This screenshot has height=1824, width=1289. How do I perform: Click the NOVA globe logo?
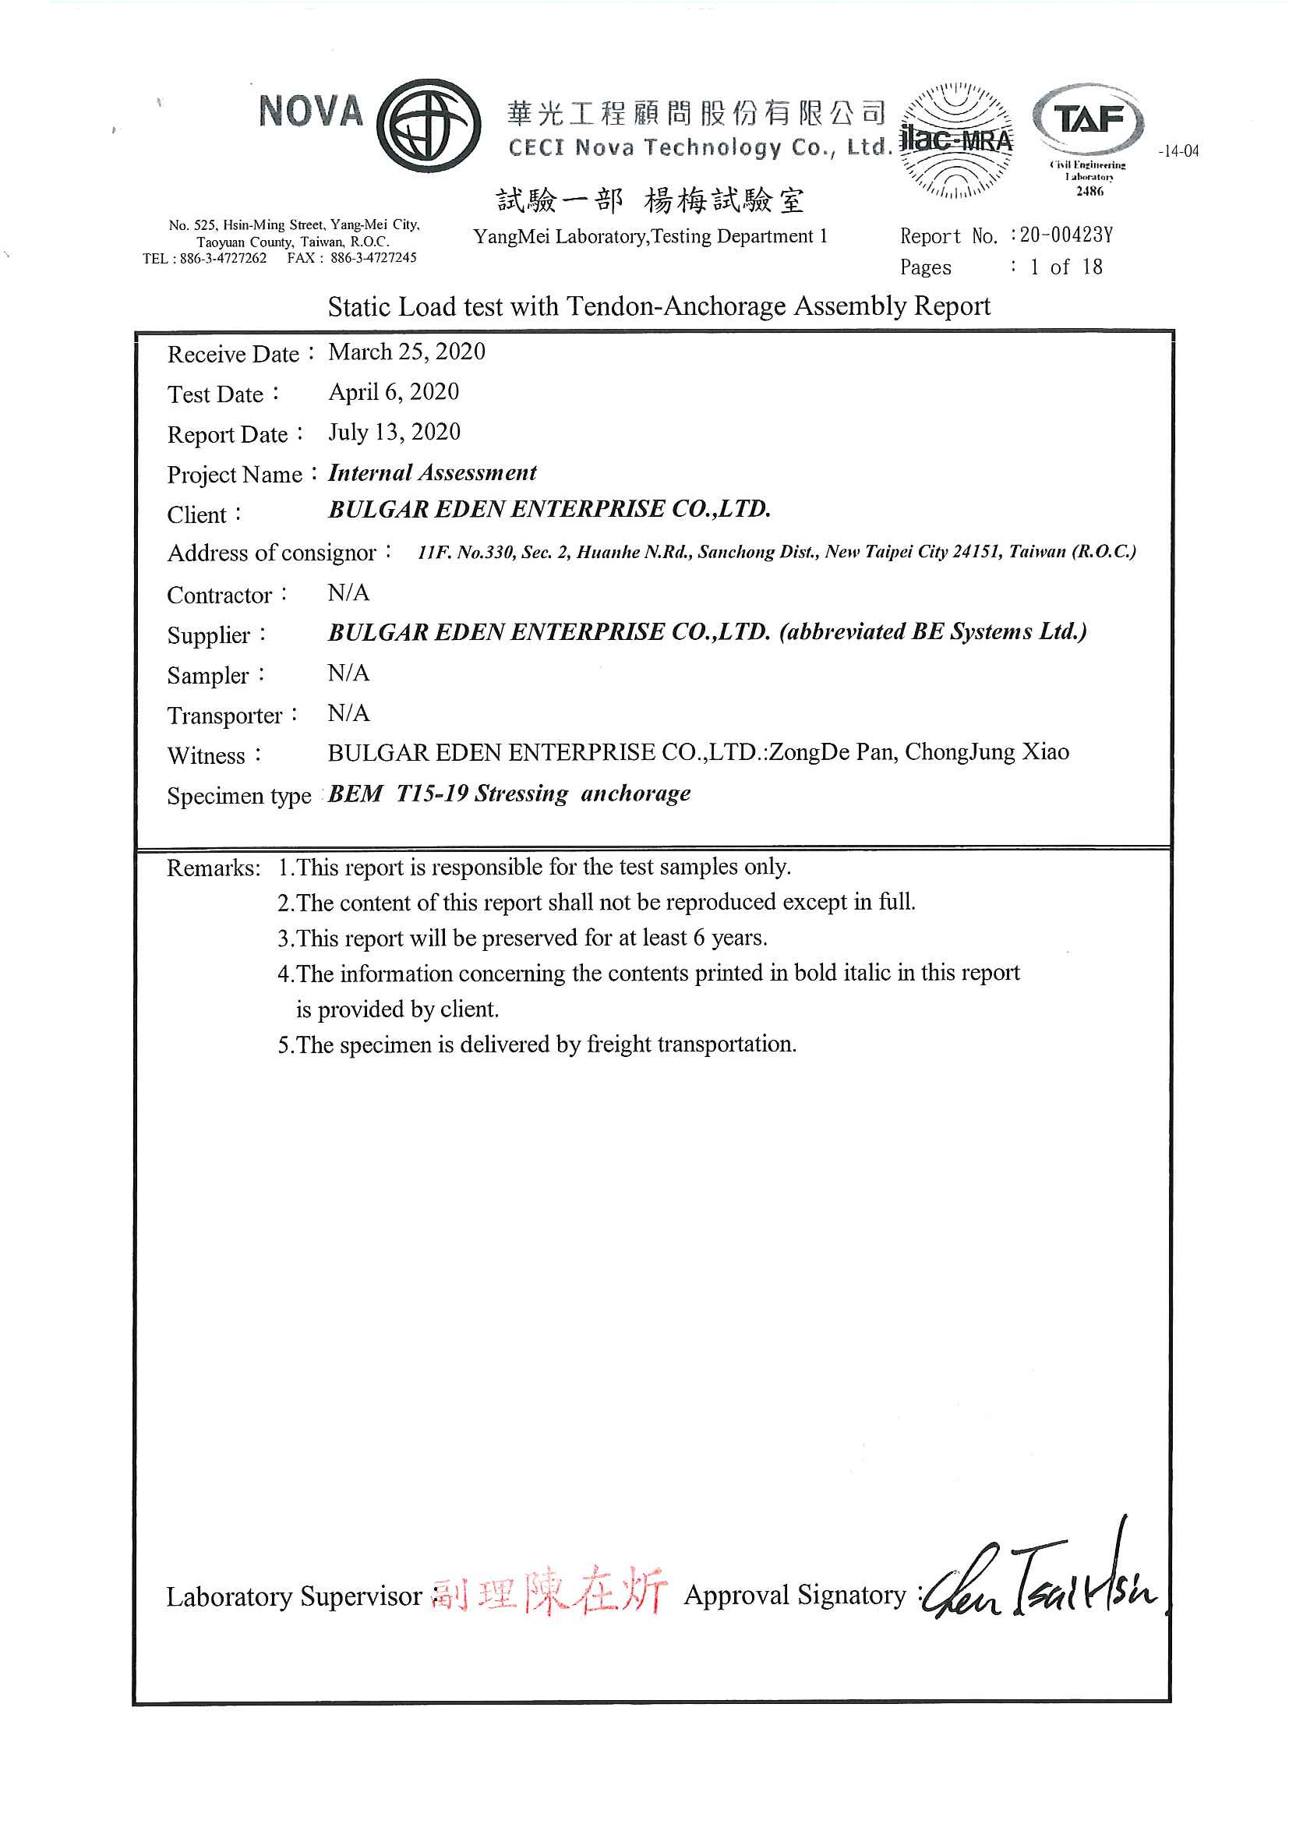click(x=428, y=125)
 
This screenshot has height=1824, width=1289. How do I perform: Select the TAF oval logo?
click(x=1089, y=120)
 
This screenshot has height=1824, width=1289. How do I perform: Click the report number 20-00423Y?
click(x=1066, y=235)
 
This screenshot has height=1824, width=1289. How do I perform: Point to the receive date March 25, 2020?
click(x=407, y=352)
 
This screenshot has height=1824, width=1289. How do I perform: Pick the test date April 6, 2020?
click(x=394, y=391)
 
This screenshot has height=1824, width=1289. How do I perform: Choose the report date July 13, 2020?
click(x=394, y=432)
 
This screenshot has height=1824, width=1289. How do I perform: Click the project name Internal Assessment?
click(x=432, y=472)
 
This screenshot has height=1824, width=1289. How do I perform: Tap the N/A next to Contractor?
click(x=348, y=592)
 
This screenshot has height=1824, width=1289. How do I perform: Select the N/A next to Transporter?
click(x=348, y=712)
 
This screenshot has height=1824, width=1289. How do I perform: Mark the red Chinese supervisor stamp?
click(x=549, y=1590)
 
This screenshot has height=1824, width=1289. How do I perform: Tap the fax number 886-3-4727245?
click(x=373, y=257)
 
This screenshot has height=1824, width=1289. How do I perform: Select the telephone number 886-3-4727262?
click(x=223, y=258)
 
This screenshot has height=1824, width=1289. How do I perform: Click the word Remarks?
click(x=213, y=868)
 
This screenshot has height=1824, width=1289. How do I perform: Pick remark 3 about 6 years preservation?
click(x=523, y=939)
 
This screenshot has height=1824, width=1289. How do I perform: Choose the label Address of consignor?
click(x=272, y=553)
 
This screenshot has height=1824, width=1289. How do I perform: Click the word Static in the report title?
click(x=360, y=306)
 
